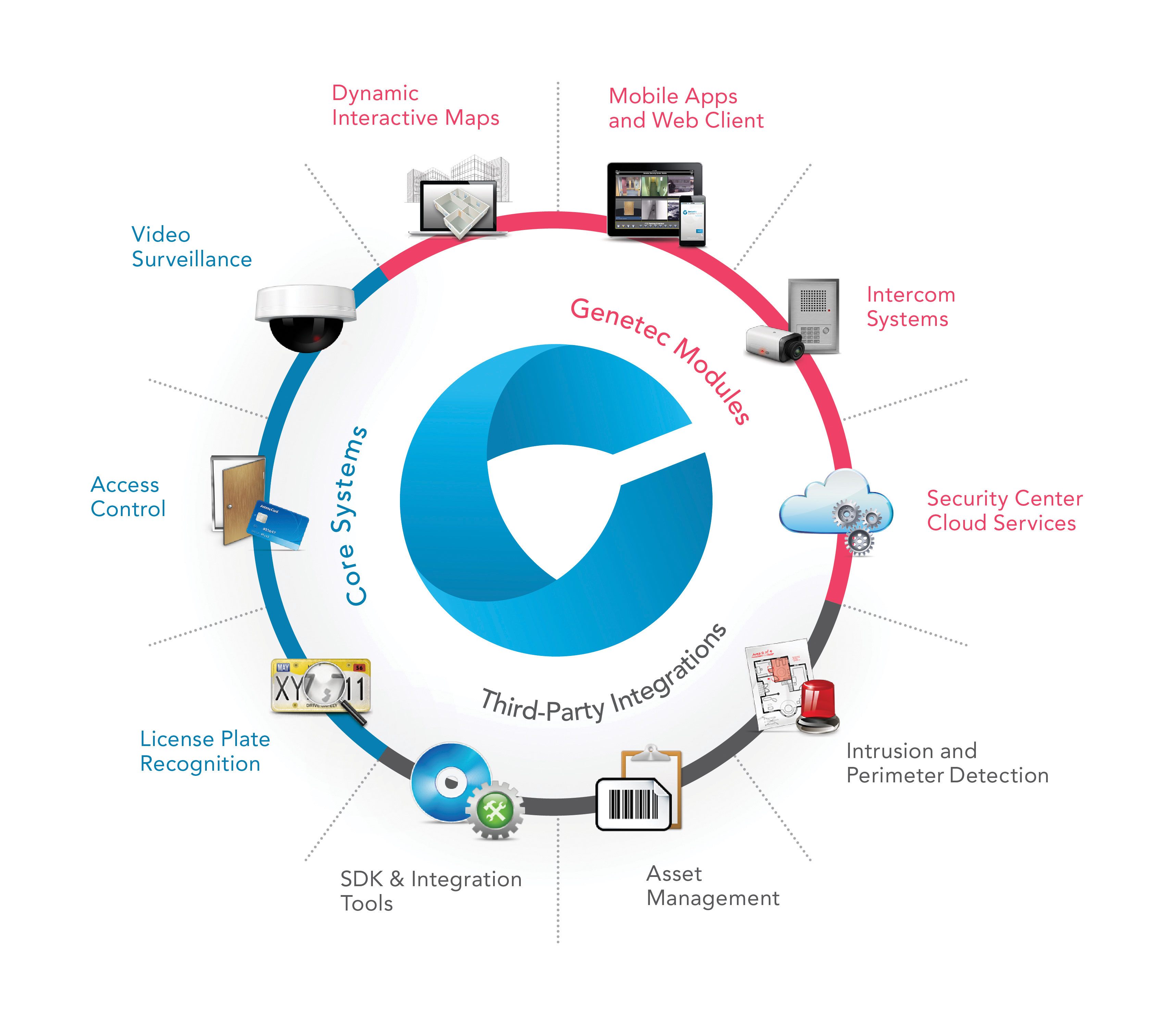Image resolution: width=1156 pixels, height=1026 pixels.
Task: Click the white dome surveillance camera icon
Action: point(305,317)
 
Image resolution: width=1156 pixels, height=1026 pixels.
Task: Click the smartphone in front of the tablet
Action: point(693,221)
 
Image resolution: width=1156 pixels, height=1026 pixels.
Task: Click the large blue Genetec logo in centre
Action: point(557,501)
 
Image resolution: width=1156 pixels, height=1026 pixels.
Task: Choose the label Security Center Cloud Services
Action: point(1004,511)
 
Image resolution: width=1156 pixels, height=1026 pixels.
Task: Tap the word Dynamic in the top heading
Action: point(375,93)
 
